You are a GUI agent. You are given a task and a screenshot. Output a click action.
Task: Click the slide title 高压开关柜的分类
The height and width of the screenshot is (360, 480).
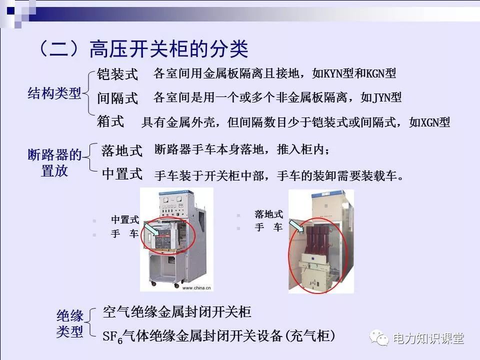coord(168,49)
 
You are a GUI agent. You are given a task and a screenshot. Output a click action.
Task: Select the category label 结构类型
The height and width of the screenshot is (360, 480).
coord(54,93)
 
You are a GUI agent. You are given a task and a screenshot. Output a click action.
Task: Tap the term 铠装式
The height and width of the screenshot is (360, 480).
coord(117,74)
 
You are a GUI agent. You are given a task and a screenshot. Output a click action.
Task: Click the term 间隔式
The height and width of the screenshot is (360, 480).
coord(117,98)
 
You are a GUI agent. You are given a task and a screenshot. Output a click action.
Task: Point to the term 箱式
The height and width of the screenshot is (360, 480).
coord(110,121)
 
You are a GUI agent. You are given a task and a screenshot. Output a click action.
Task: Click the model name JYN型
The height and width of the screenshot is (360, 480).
coord(387,97)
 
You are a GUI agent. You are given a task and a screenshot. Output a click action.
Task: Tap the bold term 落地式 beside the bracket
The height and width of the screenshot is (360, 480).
coord(122,149)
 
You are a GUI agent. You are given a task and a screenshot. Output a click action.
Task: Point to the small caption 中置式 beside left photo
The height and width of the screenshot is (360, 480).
coord(124,220)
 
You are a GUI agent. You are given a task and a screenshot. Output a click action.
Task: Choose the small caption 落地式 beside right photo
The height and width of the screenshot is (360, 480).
coord(268,214)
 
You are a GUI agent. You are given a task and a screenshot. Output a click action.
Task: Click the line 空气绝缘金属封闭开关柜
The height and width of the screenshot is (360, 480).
coord(176,312)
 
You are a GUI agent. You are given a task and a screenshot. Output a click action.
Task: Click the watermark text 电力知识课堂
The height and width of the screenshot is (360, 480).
coord(428,338)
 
